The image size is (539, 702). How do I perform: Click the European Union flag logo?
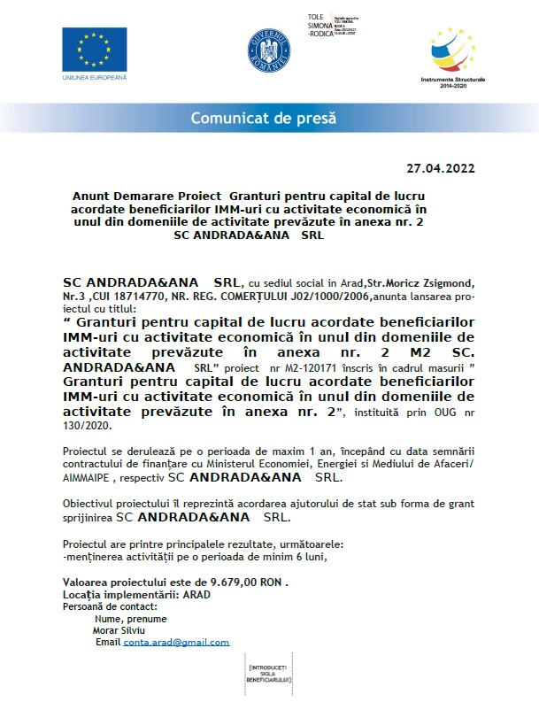pyautogui.click(x=95, y=50)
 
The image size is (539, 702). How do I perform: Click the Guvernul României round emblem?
pyautogui.click(x=269, y=51)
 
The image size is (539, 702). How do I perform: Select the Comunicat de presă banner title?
pyautogui.click(x=268, y=119)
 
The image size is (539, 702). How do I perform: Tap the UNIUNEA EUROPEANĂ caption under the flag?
pyautogui.click(x=95, y=79)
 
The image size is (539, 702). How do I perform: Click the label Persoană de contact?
pyautogui.click(x=111, y=606)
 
